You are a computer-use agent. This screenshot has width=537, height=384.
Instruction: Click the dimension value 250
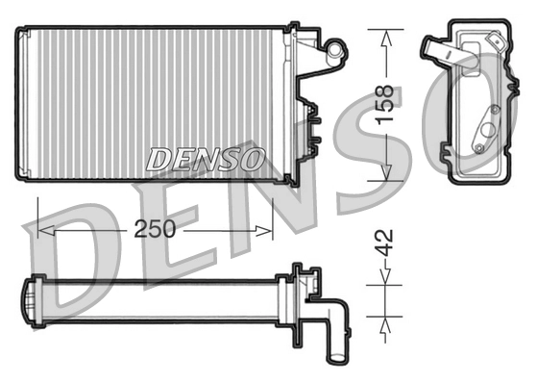(x=154, y=230)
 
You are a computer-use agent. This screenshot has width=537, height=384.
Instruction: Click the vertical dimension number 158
(x=385, y=106)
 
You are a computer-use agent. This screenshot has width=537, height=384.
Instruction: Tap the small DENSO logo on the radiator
(x=205, y=160)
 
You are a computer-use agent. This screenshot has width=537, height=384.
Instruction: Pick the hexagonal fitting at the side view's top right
(x=496, y=42)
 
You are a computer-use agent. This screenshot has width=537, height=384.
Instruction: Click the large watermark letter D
(x=72, y=260)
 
